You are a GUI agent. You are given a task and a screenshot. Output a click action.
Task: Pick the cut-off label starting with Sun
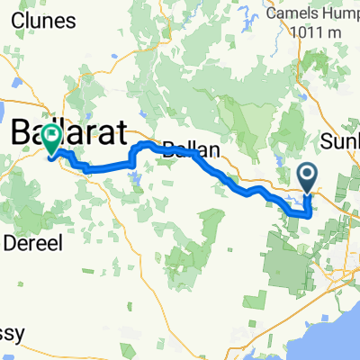(x=341, y=141)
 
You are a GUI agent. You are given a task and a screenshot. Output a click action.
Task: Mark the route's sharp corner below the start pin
(x=309, y=215)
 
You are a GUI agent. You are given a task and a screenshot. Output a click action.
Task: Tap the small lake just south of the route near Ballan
(x=135, y=177)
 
